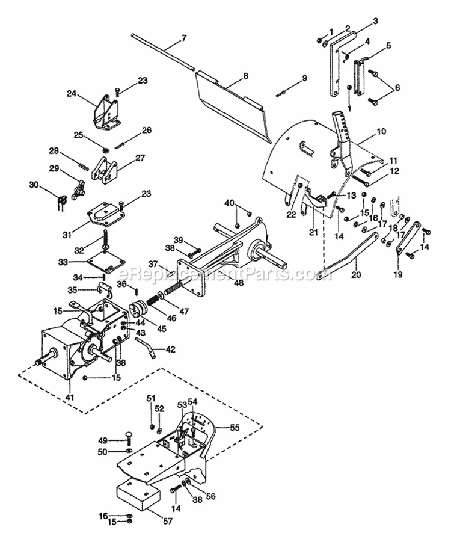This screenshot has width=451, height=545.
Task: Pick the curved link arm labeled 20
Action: pos(352,253)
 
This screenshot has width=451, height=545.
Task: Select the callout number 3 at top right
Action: pos(375,21)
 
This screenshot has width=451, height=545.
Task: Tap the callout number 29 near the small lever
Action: pos(54,169)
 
